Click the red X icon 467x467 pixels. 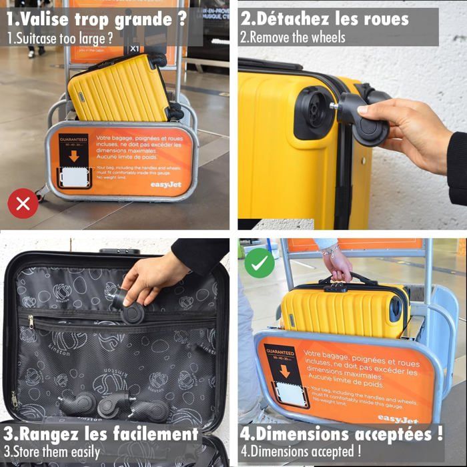click(x=23, y=203)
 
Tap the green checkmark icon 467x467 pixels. click(x=260, y=263)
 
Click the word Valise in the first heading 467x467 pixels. click(x=47, y=19)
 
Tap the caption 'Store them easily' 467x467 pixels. click(x=57, y=452)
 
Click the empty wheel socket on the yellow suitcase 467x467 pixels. click(x=312, y=113)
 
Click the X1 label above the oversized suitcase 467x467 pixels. click(x=135, y=49)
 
